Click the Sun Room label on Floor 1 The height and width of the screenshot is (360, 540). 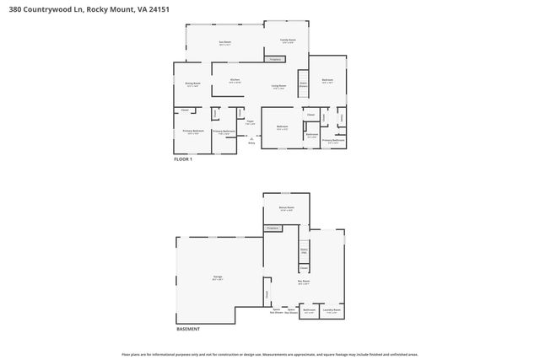[225, 43]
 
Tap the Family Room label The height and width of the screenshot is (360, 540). [288, 40]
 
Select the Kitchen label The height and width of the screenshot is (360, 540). [235, 82]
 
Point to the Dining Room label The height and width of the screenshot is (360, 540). [192, 84]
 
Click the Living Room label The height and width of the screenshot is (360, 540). [278, 87]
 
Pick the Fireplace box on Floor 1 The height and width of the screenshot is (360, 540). [274, 59]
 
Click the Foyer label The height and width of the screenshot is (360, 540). [250, 123]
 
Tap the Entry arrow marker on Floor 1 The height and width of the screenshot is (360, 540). [251, 139]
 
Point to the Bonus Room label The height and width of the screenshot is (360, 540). [287, 208]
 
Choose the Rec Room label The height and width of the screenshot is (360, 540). [303, 282]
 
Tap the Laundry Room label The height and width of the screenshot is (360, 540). [332, 311]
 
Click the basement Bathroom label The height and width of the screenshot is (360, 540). [309, 311]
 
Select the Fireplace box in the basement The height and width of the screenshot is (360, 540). [273, 228]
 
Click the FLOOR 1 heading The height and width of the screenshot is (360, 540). [183, 159]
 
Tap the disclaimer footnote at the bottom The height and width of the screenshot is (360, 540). [269, 354]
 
